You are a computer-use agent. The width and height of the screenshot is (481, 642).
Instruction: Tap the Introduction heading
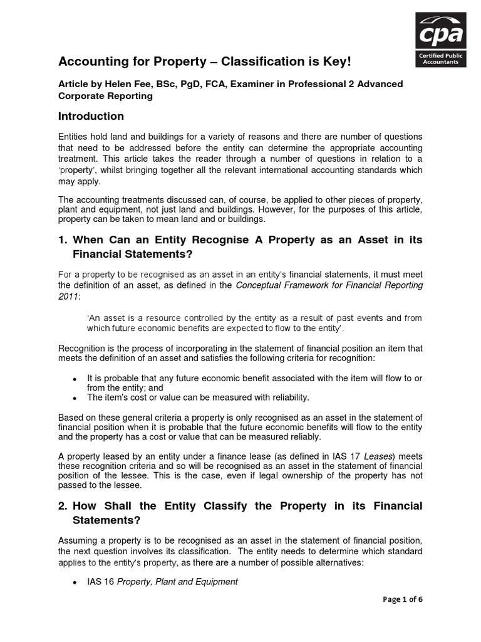[91, 117]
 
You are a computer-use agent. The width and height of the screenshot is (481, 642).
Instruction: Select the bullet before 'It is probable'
[75, 380]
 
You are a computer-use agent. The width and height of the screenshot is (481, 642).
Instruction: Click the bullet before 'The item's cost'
[75, 398]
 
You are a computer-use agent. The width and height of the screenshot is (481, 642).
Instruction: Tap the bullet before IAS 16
[75, 582]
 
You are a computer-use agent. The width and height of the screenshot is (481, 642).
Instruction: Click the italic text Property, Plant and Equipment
[178, 582]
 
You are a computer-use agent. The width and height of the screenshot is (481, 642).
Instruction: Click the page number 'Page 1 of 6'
[402, 599]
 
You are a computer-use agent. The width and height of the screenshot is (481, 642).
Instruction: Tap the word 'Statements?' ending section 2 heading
[100, 520]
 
